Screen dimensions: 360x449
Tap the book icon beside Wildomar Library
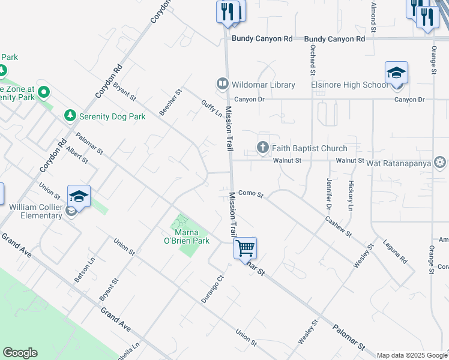[x=222, y=84]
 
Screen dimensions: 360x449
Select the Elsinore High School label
[x=349, y=85]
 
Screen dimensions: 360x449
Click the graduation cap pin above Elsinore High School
[x=396, y=74]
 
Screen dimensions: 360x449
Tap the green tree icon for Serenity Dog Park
[x=70, y=115]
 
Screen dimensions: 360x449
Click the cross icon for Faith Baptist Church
[x=262, y=148]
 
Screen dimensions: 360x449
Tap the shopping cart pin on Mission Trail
[x=245, y=248]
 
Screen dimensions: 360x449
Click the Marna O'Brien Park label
[x=192, y=236]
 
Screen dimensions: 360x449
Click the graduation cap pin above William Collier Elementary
[x=79, y=196]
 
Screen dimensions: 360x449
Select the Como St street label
[x=251, y=193]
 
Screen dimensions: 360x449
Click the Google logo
[x=20, y=353]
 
